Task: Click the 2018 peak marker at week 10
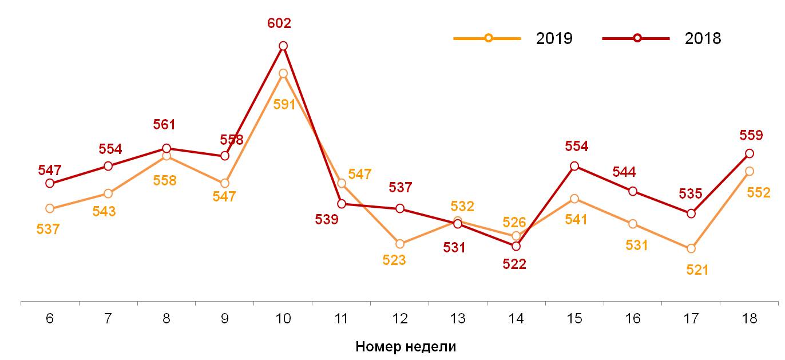click(283, 46)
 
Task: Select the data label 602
click(279, 23)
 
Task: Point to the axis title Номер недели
click(406, 346)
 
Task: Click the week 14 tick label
click(516, 319)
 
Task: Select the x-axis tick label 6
click(50, 319)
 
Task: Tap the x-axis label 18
click(749, 319)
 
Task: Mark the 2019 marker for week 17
click(691, 248)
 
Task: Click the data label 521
click(697, 270)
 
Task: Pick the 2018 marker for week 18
click(749, 153)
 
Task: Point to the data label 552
click(759, 193)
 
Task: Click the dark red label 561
click(164, 125)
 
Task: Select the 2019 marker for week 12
click(399, 244)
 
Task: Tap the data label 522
click(514, 264)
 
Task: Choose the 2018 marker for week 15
click(574, 166)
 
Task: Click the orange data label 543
click(104, 211)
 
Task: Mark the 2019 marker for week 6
click(50, 208)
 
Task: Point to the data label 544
click(624, 172)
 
